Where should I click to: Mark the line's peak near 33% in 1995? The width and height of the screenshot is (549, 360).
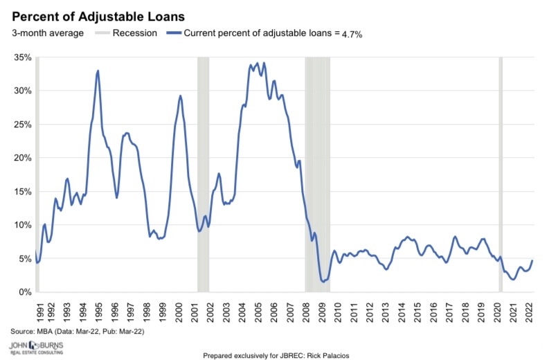point(98,71)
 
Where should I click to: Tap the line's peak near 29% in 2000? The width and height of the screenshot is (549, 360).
point(180,96)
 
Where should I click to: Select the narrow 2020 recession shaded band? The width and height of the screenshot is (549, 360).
point(501,173)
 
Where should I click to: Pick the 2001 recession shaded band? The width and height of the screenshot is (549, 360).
point(203,173)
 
